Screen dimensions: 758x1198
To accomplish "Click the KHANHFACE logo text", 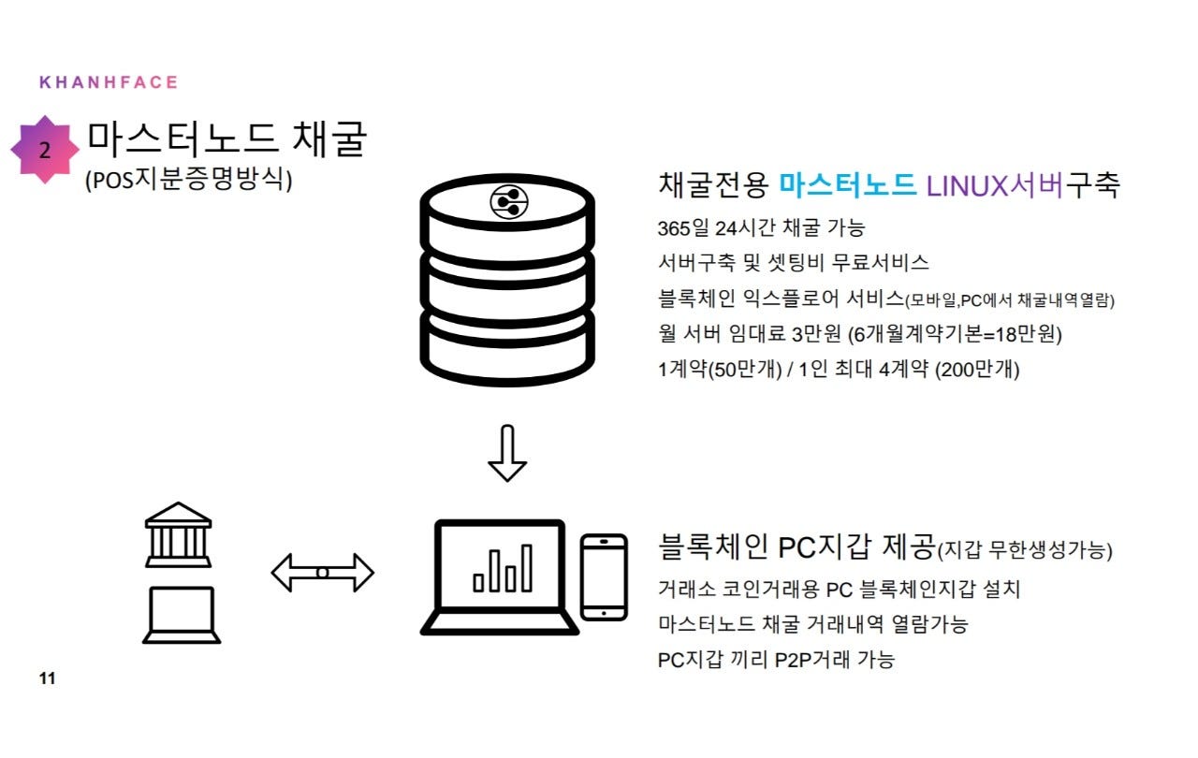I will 109,82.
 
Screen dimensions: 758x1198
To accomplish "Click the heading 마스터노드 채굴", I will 227,140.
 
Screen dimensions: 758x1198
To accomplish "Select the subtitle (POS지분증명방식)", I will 189,181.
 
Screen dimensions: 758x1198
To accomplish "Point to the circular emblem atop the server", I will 508,201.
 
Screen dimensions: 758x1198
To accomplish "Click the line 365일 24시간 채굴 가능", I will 761,227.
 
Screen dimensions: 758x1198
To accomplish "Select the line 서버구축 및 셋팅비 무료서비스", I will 794,263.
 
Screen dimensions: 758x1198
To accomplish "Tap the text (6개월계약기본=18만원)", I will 955,334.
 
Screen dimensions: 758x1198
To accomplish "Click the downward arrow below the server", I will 507,453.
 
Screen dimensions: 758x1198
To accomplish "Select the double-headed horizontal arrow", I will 322,572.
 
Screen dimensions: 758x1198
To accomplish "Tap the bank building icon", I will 178,534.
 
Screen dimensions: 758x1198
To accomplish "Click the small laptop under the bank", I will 182,614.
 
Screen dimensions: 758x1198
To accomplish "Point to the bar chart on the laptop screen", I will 503,568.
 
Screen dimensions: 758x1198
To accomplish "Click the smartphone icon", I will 604,576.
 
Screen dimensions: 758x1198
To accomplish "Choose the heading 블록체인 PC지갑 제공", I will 797,547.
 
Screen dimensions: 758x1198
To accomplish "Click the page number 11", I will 47,678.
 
